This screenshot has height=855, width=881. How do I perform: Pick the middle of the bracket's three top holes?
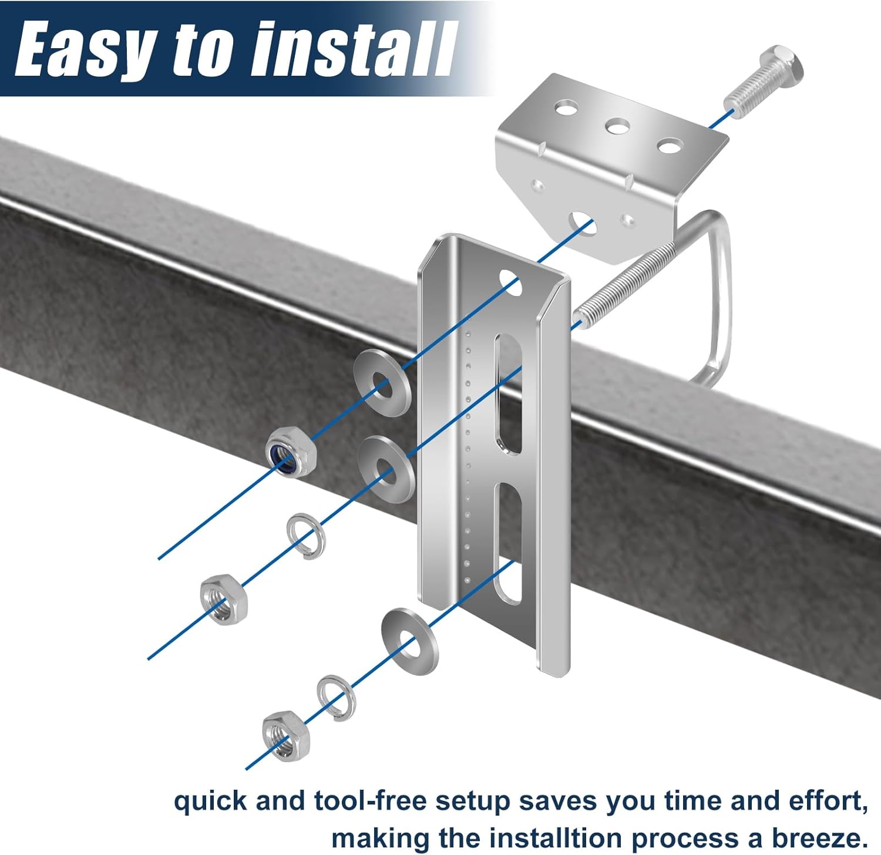[617, 126]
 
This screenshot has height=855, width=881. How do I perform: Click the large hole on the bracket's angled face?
[582, 223]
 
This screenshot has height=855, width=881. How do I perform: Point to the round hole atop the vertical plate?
[510, 281]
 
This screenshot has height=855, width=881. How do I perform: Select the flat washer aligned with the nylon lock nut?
[382, 383]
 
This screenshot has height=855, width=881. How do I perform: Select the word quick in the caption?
[210, 802]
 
